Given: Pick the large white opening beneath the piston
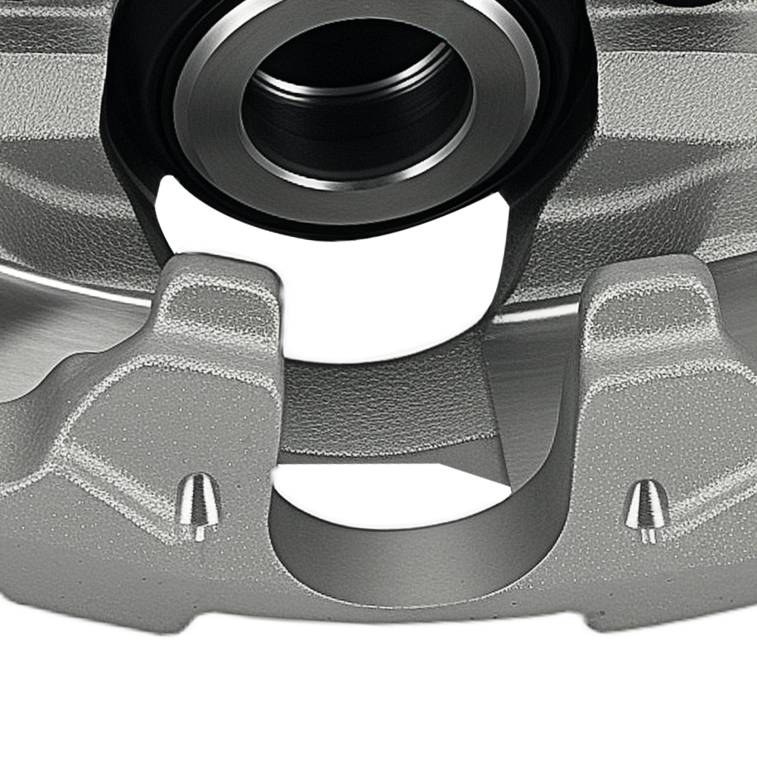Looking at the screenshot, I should pyautogui.click(x=378, y=303).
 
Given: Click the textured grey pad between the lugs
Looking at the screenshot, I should pyautogui.click(x=378, y=409).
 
